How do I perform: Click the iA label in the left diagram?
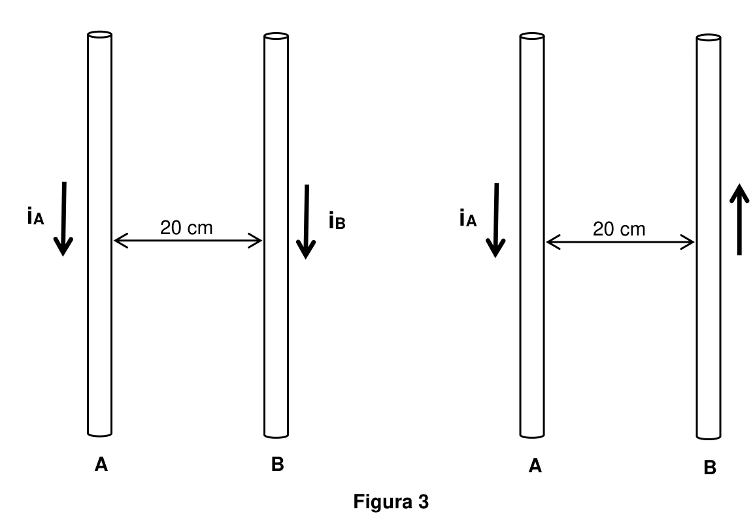[x=35, y=216]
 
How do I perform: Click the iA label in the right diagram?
[x=468, y=218]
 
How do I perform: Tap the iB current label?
[x=337, y=221]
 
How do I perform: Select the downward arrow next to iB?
[x=307, y=222]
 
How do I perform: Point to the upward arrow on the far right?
[x=739, y=219]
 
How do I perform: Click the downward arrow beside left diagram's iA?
[x=63, y=218]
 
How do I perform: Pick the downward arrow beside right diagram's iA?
[x=496, y=220]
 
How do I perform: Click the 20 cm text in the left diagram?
[x=186, y=228]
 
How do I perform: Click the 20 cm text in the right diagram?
[x=619, y=230]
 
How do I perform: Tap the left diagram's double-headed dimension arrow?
[x=188, y=240]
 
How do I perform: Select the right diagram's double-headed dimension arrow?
[x=620, y=242]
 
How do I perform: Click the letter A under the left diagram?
[x=101, y=465]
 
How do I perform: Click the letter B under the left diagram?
[x=278, y=464]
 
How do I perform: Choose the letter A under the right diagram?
[x=535, y=466]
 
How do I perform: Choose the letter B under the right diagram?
[x=710, y=468]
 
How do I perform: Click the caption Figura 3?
[x=391, y=501]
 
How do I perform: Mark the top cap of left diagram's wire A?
[x=100, y=35]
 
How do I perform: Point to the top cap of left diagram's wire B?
[x=276, y=36]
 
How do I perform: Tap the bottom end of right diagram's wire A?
[x=532, y=435]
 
